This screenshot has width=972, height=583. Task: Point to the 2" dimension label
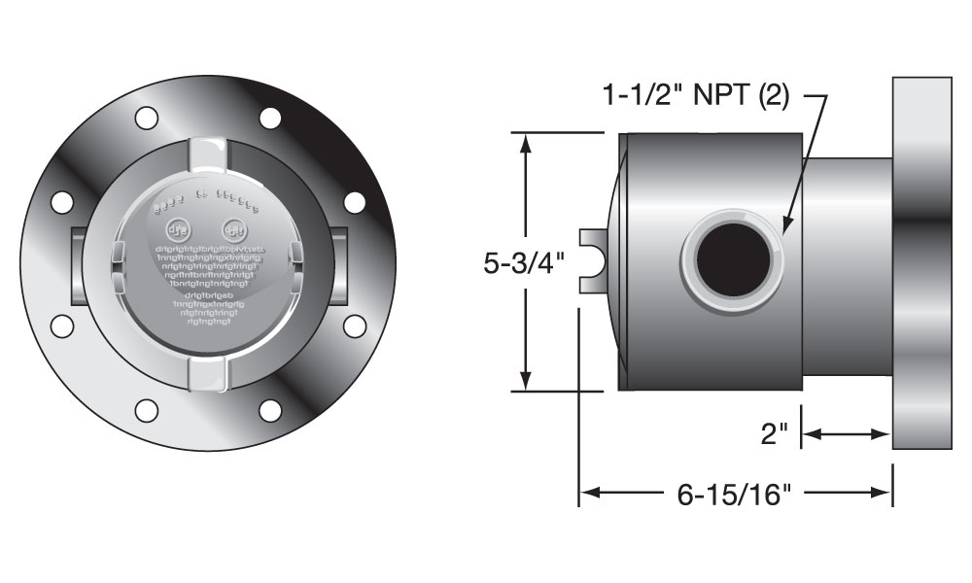tap(774, 434)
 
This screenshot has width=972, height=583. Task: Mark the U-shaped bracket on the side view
tap(595, 260)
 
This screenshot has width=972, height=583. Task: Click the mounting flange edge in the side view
tap(921, 262)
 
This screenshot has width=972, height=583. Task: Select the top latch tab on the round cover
tap(208, 153)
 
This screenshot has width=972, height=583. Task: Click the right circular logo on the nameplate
tap(235, 231)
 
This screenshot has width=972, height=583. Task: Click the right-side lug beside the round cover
tap(338, 265)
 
